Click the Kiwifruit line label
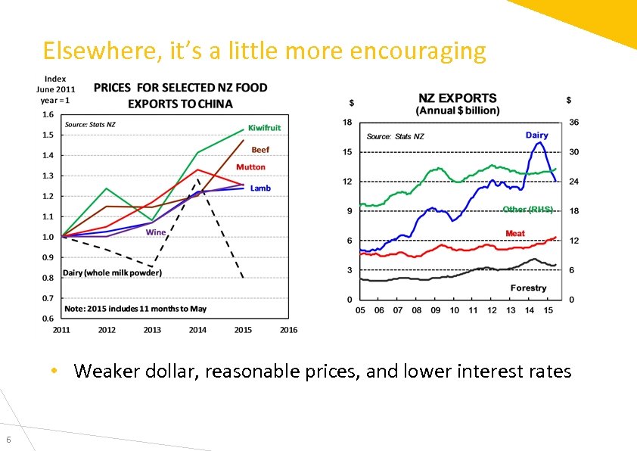point(264,128)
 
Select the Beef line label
point(259,150)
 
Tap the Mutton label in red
point(250,167)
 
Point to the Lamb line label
point(260,188)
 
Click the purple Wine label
point(156,232)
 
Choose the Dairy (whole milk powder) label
point(112,272)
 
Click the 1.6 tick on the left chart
point(48,114)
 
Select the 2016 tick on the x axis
point(288,329)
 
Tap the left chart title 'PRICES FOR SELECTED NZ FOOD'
point(180,88)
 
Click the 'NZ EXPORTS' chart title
point(457,98)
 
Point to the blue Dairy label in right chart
point(536,135)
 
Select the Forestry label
point(528,288)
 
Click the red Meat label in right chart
point(515,233)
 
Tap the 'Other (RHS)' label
point(528,210)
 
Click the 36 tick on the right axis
point(573,123)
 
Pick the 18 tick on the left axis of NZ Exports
point(347,123)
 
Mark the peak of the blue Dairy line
point(539,142)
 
